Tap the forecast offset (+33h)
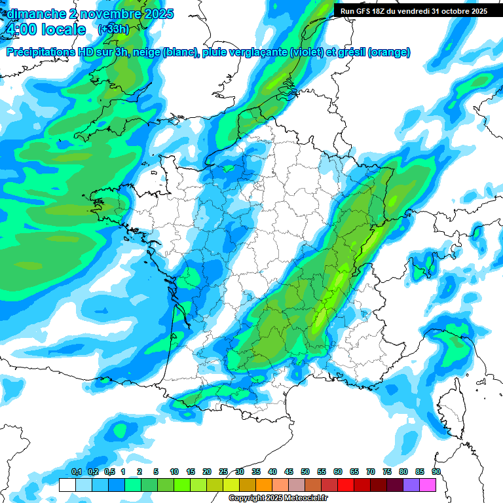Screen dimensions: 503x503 pos(113,29)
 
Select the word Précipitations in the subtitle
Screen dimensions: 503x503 pos(43,52)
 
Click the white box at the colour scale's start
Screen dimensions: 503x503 pos(67,485)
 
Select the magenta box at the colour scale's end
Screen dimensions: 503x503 pos(428,485)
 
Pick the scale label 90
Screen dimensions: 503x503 pos(436,472)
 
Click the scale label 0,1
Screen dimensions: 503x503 pos(76,472)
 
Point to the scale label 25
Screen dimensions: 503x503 pos(223,472)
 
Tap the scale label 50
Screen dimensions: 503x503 pos(305,472)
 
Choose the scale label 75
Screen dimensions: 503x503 pos(387,472)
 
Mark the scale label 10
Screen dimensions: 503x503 pos(174,472)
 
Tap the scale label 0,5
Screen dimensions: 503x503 pos(109,472)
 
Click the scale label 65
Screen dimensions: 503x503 pos(354,472)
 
